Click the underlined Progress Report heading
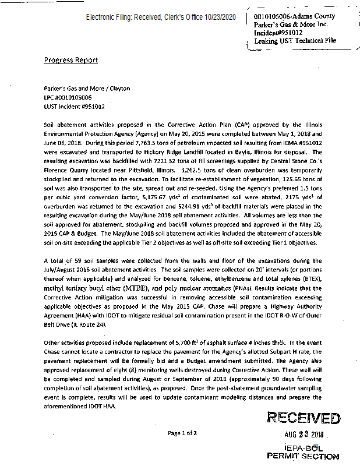pos(71,61)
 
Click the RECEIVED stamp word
pos(303,418)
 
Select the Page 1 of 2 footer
pos(182,433)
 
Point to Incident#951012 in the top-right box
pos(278,33)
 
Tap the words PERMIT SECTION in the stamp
pos(302,457)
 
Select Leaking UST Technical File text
pos(295,41)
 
